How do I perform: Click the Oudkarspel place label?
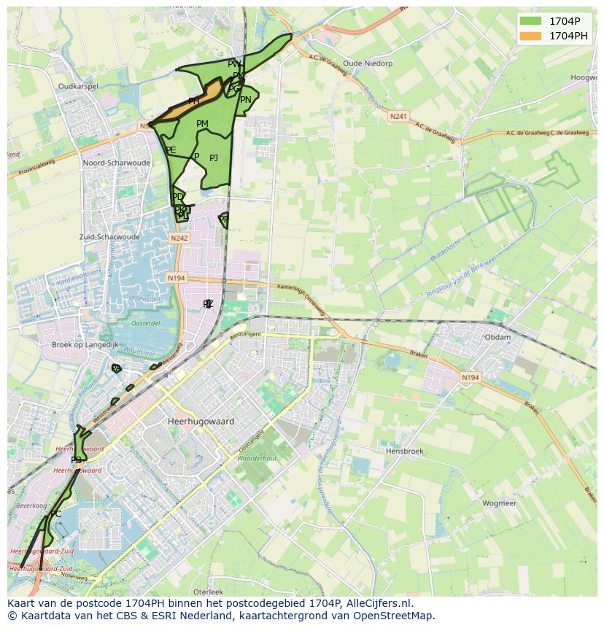coord(78,86)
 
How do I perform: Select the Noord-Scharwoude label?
coord(117,163)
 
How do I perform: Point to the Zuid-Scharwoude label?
coord(109,237)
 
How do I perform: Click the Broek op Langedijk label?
coord(84,344)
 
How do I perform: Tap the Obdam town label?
coord(497,338)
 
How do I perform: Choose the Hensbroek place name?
coord(404,451)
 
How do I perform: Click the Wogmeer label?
coord(499,503)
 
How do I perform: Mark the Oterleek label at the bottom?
coord(208,591)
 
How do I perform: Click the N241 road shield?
coord(398,116)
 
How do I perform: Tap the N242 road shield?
coord(179,239)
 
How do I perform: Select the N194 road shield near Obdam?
coord(471,377)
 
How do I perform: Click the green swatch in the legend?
coord(532,21)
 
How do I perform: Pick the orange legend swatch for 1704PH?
coord(532,35)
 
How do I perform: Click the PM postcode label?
coord(202,124)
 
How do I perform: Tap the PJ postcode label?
coord(214,158)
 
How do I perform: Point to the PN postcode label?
coord(246,100)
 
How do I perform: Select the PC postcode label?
coord(55,514)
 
